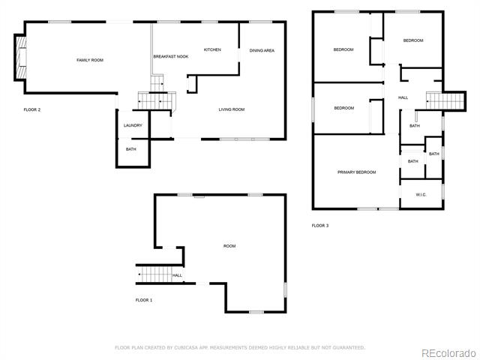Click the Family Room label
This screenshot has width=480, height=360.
point(90,60)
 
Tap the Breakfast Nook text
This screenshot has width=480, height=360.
point(171,57)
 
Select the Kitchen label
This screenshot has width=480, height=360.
point(212,49)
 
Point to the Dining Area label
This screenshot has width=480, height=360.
point(262,50)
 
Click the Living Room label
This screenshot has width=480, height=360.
point(232,109)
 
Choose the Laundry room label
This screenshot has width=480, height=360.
point(133,125)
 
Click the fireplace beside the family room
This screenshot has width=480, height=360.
point(21,57)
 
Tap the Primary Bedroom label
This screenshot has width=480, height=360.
point(357,172)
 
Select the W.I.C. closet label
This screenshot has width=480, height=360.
point(421,195)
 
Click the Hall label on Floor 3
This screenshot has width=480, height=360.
point(403,97)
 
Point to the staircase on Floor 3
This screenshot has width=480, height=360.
point(445,101)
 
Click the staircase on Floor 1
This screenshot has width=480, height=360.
point(154,274)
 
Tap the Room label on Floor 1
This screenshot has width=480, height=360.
point(229,246)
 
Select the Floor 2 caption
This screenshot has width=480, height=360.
point(32,109)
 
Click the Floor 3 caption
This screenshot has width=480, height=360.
point(320,226)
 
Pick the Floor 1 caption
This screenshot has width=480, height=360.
point(144,300)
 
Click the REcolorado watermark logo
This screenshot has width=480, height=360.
point(448,353)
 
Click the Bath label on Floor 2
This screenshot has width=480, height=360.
point(131,149)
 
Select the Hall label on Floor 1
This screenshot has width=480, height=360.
point(177,275)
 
